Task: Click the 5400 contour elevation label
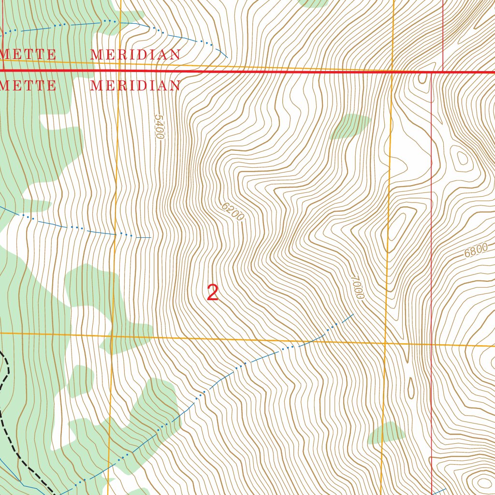(x=160, y=127)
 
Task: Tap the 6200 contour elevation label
(x=233, y=212)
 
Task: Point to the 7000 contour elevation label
(x=357, y=287)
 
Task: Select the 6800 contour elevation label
(x=476, y=251)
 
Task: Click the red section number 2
(x=213, y=293)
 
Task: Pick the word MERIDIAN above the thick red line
(x=135, y=55)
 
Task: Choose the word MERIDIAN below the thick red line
(x=135, y=86)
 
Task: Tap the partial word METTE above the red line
(x=28, y=54)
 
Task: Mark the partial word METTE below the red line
(x=28, y=86)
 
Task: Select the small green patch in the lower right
(x=386, y=433)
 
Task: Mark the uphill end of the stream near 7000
(x=353, y=315)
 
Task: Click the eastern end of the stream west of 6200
(x=150, y=237)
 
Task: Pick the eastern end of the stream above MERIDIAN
(x=227, y=57)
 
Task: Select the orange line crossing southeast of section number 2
(x=385, y=343)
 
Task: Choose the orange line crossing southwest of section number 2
(x=112, y=335)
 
